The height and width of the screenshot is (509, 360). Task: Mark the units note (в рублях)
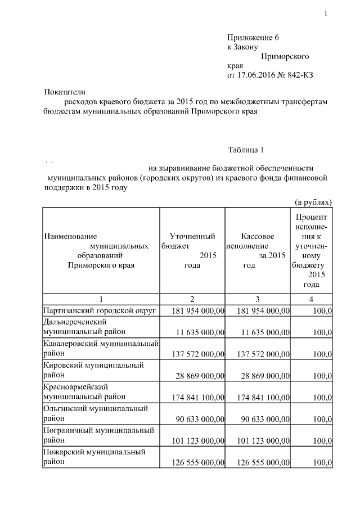[x=313, y=202]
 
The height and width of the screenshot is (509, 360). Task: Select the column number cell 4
[x=312, y=299]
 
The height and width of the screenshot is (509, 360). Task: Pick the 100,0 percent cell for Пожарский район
[x=322, y=462]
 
